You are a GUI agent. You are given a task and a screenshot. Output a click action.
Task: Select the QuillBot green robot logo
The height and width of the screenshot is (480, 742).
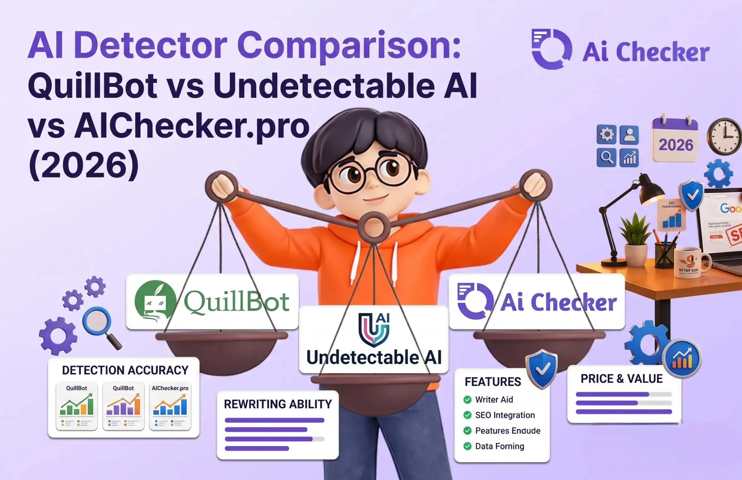(155, 301)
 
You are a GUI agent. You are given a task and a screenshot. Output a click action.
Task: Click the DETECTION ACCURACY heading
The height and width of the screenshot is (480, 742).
(125, 370)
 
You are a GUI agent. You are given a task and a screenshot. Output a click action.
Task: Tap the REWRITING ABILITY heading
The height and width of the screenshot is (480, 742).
(278, 404)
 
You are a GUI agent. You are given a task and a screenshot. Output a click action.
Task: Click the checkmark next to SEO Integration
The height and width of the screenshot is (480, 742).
(467, 415)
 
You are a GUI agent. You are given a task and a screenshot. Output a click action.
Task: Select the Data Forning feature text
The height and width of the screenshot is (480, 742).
(500, 446)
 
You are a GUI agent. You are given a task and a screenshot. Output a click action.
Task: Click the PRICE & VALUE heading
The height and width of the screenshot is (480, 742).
(622, 379)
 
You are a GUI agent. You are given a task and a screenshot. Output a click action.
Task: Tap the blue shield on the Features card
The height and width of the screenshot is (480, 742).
(542, 369)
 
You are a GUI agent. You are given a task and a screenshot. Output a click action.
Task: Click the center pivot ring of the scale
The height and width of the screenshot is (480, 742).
(373, 227)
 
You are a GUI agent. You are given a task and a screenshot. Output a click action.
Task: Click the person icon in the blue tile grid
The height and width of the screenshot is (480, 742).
(629, 135)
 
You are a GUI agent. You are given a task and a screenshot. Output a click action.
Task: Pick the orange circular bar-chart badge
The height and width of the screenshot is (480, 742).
(682, 359)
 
